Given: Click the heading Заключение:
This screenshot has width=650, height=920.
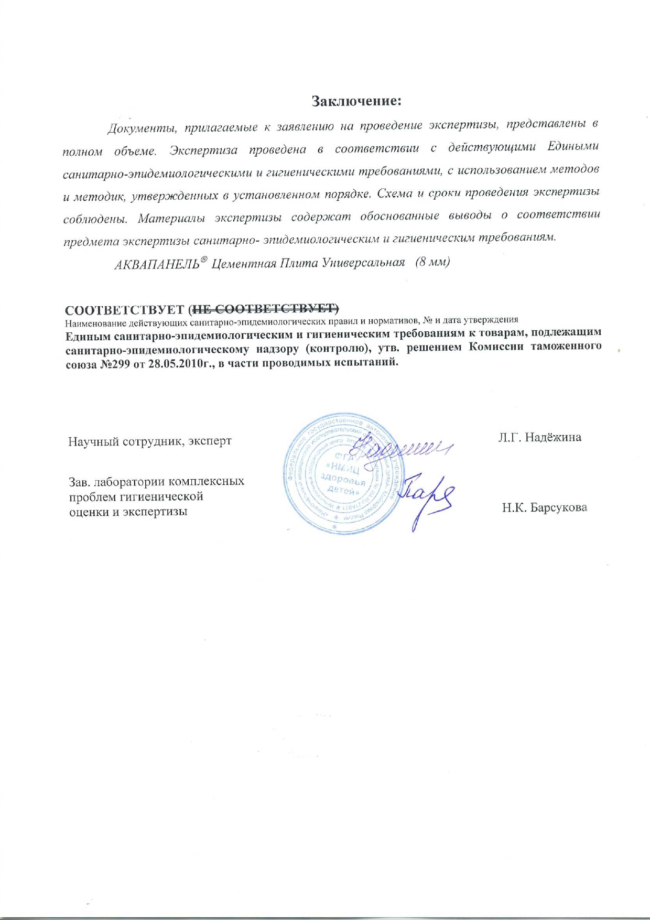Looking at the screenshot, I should click(356, 101).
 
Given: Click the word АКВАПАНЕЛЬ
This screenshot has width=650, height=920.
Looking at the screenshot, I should click(157, 264).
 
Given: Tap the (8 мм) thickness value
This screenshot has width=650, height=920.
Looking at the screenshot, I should click(432, 262).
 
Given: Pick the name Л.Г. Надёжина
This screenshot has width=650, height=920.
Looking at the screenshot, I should click(539, 437).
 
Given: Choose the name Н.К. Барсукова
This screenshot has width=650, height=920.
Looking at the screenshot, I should click(544, 507).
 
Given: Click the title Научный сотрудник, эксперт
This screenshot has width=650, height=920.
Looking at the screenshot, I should click(150, 441).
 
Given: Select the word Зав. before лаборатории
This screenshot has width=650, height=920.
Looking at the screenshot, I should click(80, 481).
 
